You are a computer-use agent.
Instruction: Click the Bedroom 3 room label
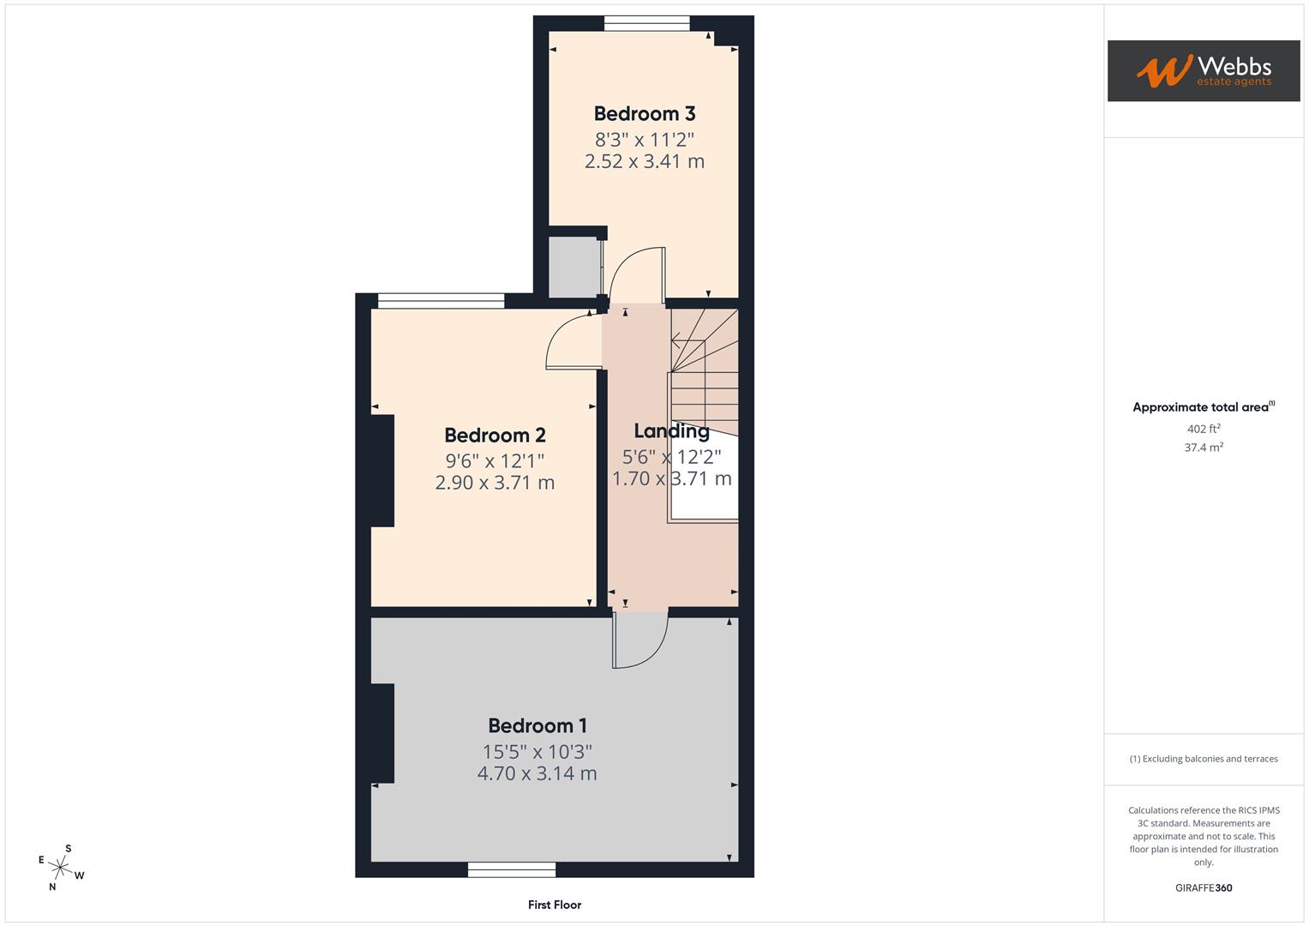pyautogui.click(x=645, y=113)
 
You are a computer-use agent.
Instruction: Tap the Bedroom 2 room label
pyautogui.click(x=495, y=435)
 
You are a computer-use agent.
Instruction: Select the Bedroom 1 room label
pyautogui.click(x=537, y=725)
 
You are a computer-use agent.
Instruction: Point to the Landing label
pyautogui.click(x=671, y=430)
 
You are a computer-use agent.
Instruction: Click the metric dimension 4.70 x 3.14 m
pyautogui.click(x=537, y=773)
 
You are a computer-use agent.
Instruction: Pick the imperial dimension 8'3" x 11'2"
pyautogui.click(x=645, y=139)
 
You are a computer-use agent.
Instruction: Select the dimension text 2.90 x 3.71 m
pyautogui.click(x=495, y=483)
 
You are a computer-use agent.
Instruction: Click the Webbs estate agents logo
pyautogui.click(x=1204, y=71)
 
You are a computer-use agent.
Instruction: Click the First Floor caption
pyautogui.click(x=555, y=905)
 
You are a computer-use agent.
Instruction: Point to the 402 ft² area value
pyautogui.click(x=1204, y=429)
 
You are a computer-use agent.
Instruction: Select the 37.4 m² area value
pyautogui.click(x=1204, y=447)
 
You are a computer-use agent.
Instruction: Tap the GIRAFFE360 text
pyautogui.click(x=1204, y=887)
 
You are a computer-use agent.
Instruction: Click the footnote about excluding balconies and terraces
pyautogui.click(x=1204, y=759)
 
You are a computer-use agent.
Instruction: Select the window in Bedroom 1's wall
pyautogui.click(x=512, y=869)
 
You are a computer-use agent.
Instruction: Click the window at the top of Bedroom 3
pyautogui.click(x=646, y=24)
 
